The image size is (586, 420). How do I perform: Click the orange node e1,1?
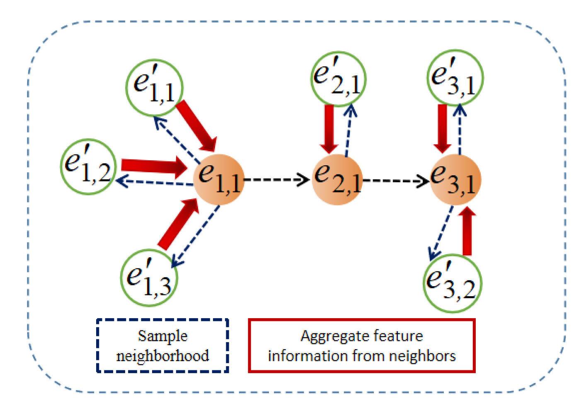[x=219, y=179]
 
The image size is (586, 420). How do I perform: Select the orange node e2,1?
[x=337, y=179]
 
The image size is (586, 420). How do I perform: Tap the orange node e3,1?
[x=455, y=179]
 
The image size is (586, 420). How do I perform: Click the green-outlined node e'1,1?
[x=155, y=87]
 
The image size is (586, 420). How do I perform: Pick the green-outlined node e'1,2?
[x=88, y=167]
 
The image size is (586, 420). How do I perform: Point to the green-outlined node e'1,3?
[x=149, y=278]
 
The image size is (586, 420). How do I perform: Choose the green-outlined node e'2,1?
[x=339, y=79]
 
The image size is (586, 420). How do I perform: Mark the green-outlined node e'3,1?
[x=455, y=78]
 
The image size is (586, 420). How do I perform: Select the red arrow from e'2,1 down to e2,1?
[x=329, y=128]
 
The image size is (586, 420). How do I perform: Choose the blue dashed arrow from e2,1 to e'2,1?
[x=349, y=130]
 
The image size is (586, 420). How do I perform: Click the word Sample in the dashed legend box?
[x=162, y=336]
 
